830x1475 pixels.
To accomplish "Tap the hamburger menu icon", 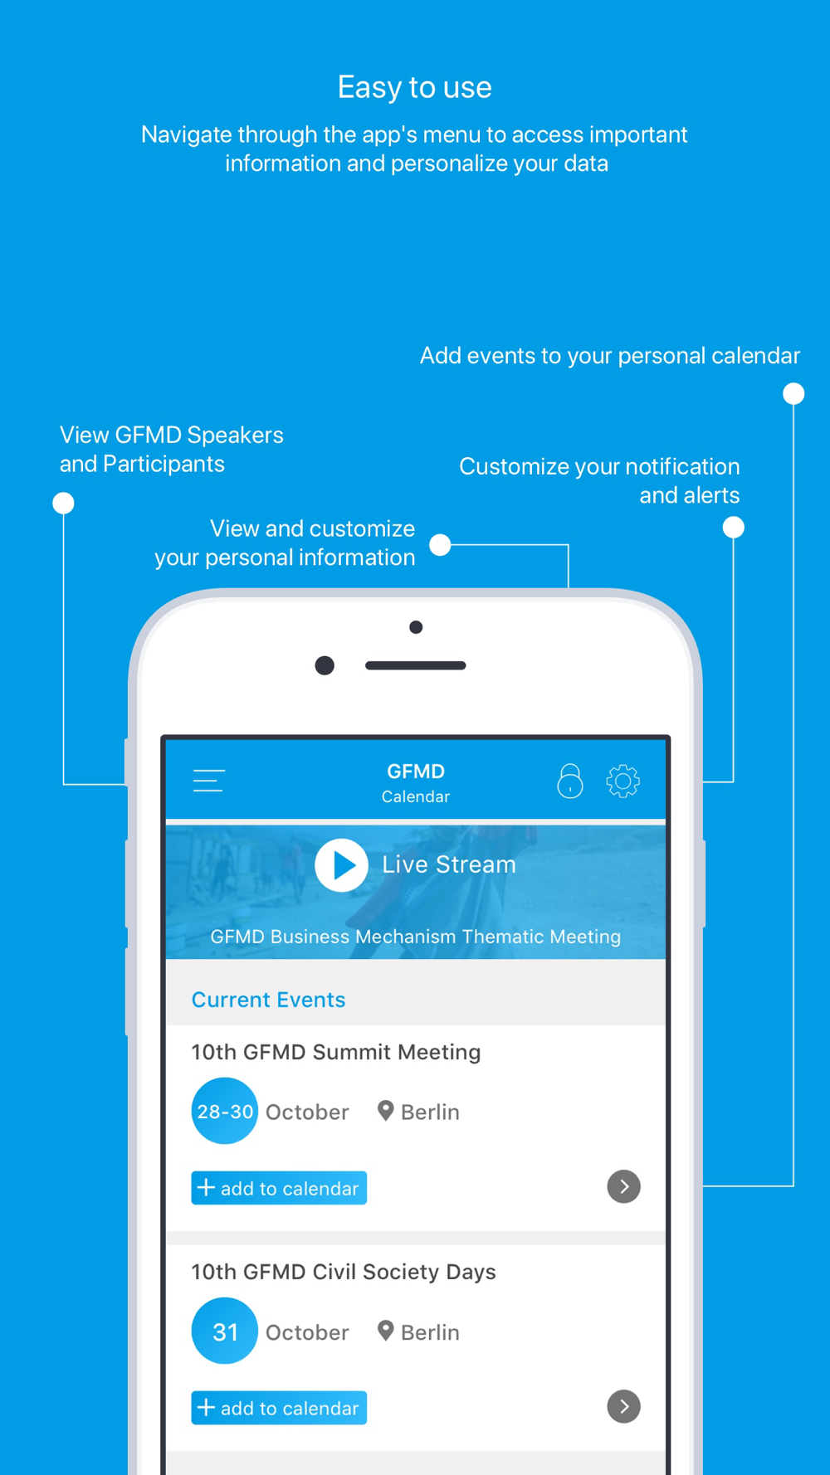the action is click(x=208, y=781).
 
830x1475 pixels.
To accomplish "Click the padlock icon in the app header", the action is click(x=570, y=781).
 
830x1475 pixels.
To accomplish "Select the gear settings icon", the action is click(x=622, y=781).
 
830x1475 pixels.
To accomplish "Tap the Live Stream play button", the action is click(x=341, y=865).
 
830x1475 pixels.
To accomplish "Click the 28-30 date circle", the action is click(x=224, y=1111).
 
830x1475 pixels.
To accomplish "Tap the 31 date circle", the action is click(x=224, y=1331).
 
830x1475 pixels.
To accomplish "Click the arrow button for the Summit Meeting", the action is click(x=623, y=1186).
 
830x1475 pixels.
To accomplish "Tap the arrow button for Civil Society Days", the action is click(x=623, y=1406).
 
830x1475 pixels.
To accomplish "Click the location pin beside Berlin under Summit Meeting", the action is click(x=385, y=1110).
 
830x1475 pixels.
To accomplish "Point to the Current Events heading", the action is click(x=268, y=1000).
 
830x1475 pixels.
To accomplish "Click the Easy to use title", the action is click(x=415, y=87).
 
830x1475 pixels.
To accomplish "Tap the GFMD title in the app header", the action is click(x=416, y=771).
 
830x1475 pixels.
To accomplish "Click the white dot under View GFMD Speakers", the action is click(x=63, y=503).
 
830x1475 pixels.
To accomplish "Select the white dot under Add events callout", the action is click(x=793, y=393).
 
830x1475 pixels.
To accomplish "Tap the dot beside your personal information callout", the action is click(x=440, y=544).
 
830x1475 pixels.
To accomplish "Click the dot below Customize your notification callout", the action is click(x=733, y=527).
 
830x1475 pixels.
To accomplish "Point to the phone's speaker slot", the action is click(x=415, y=665).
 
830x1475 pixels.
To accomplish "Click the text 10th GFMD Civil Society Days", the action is click(x=344, y=1272).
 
